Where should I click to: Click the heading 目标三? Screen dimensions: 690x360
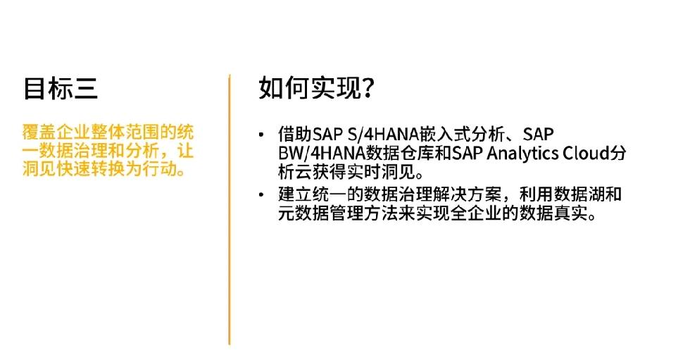(x=61, y=88)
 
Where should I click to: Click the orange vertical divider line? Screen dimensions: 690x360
(x=230, y=209)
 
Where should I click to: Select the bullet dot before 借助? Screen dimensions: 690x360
(x=261, y=135)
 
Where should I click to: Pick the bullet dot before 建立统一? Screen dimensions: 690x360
(x=261, y=194)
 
